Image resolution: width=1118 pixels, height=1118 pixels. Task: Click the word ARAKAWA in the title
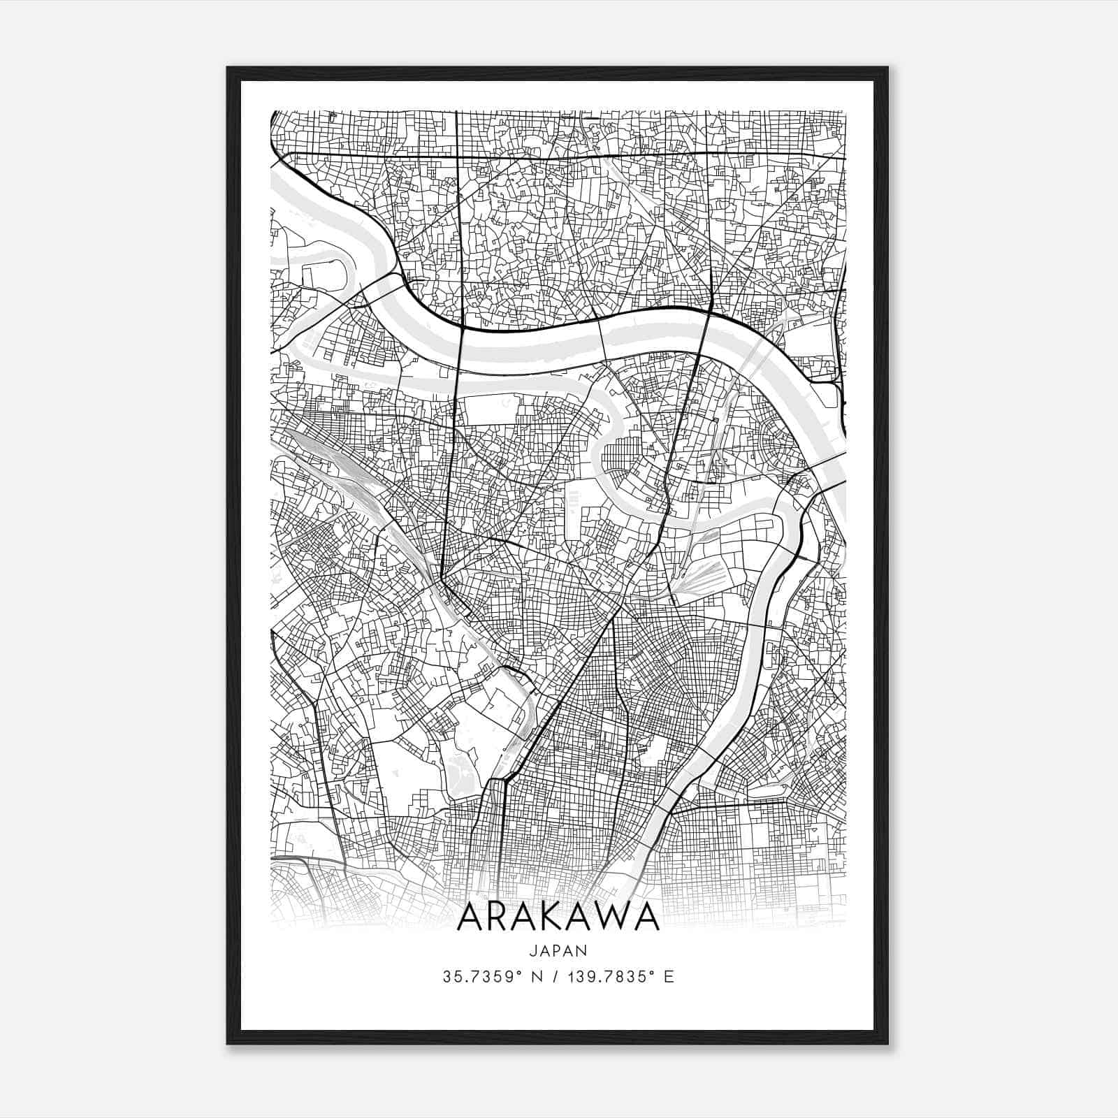pos(558,917)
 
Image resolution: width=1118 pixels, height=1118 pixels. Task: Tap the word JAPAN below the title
pos(558,951)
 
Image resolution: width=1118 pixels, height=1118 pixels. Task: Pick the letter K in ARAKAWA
pos(561,917)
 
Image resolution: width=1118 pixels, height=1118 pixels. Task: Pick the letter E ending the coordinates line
pos(669,977)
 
